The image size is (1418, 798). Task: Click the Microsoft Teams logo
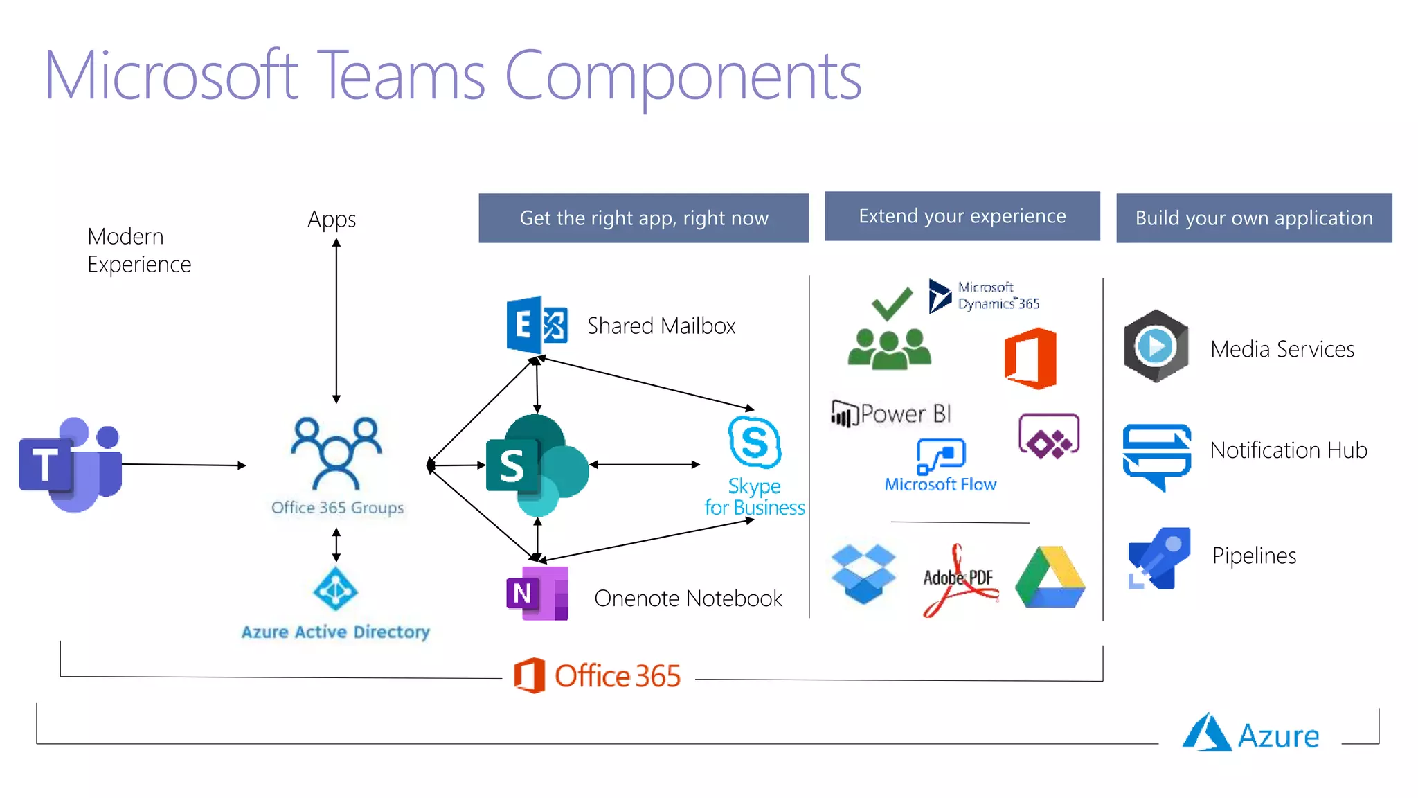pyautogui.click(x=71, y=465)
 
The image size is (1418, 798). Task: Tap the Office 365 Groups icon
pyautogui.click(x=336, y=454)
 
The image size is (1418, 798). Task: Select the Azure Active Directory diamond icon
pyautogui.click(x=336, y=589)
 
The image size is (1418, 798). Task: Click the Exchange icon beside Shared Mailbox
pyautogui.click(x=537, y=324)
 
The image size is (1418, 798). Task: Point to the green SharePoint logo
pyautogui.click(x=537, y=465)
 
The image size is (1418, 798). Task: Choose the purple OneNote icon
pyautogui.click(x=537, y=593)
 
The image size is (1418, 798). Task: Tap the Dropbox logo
pyautogui.click(x=863, y=574)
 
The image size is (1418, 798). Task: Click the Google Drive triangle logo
pyautogui.click(x=1050, y=579)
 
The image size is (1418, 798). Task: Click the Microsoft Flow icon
pyautogui.click(x=941, y=456)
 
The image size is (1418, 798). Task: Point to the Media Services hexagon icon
pyautogui.click(x=1156, y=346)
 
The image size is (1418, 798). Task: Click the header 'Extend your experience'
pyautogui.click(x=962, y=216)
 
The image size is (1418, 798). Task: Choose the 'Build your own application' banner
pyautogui.click(x=1253, y=218)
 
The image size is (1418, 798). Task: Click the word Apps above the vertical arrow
pyautogui.click(x=332, y=219)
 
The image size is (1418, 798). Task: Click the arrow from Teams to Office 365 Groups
pyautogui.click(x=183, y=465)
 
